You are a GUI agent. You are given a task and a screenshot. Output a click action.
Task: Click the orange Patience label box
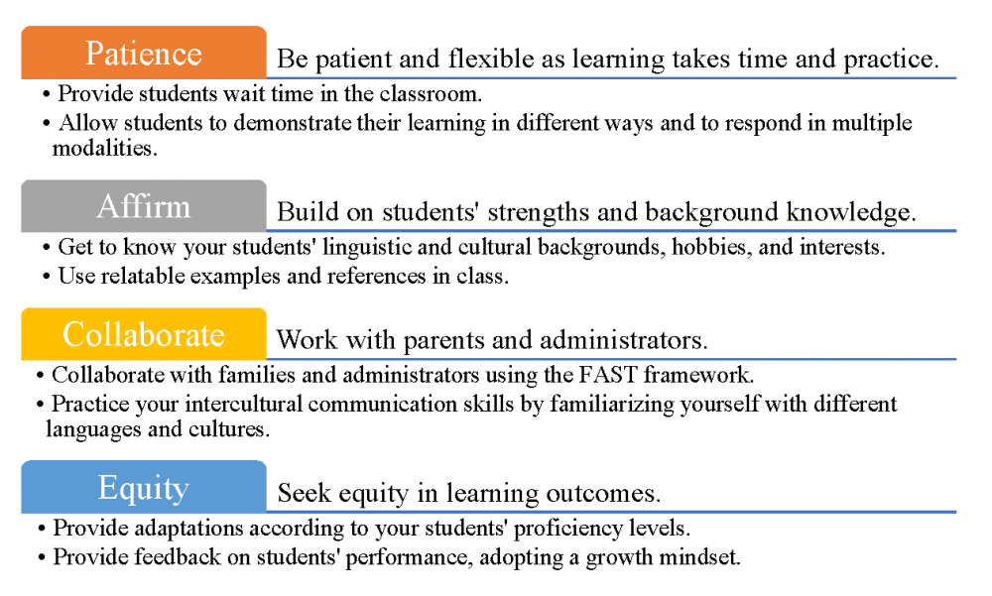[x=144, y=53]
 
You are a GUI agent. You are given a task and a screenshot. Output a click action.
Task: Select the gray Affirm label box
[x=144, y=205]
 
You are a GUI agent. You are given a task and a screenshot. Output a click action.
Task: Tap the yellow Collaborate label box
[x=144, y=333]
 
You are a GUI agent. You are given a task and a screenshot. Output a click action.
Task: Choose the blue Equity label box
[x=144, y=487]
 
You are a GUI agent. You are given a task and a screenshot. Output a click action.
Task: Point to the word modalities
[x=104, y=148]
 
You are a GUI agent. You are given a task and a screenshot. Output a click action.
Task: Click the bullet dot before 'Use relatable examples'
[x=47, y=277]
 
